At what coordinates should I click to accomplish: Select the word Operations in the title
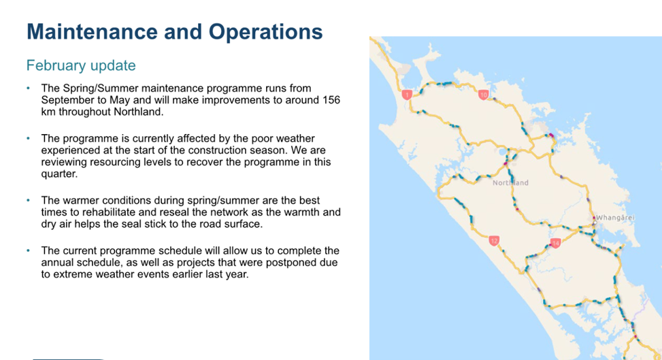click(265, 33)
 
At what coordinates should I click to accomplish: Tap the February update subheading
click(81, 65)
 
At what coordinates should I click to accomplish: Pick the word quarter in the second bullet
click(59, 174)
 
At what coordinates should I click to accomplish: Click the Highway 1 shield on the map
click(407, 95)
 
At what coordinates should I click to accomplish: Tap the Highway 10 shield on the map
click(484, 94)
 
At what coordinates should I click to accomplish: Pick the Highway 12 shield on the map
click(494, 241)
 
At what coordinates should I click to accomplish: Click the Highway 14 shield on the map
click(556, 243)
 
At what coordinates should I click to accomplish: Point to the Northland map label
click(510, 183)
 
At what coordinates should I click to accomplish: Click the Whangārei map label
click(615, 218)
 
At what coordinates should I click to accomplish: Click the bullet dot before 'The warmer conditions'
click(29, 200)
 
